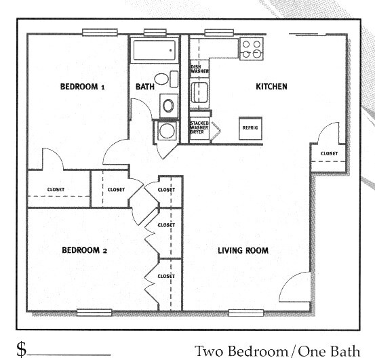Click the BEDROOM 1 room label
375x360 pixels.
click(83, 87)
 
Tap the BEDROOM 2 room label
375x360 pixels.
click(84, 250)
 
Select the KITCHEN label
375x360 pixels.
click(271, 87)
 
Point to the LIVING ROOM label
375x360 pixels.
click(243, 251)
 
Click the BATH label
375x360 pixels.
click(145, 87)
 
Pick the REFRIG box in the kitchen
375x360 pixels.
click(250, 128)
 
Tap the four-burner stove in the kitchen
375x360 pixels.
click(252, 49)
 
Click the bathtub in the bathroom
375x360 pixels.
click(154, 50)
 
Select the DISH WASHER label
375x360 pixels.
click(199, 69)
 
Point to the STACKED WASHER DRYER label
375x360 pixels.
click(199, 127)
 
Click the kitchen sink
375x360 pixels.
click(199, 92)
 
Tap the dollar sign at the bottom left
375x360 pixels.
click(22, 349)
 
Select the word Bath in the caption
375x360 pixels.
click(344, 351)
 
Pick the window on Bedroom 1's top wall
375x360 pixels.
click(100, 33)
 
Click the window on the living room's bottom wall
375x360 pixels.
click(246, 313)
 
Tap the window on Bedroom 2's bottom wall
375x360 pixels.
click(94, 313)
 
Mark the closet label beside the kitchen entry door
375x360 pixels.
click(329, 153)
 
